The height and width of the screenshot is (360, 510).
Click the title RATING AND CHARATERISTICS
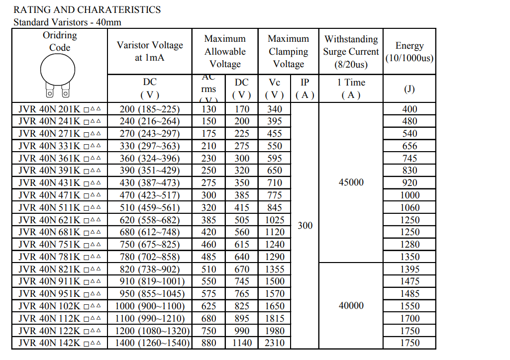[87, 9]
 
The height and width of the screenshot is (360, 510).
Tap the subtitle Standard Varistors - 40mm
[67, 22]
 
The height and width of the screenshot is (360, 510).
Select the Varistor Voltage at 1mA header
[150, 51]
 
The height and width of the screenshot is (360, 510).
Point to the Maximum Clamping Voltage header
[288, 51]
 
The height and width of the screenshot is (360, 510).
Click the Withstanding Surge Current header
[351, 51]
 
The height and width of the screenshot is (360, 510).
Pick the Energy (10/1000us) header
[409, 52]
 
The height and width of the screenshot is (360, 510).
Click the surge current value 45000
[351, 182]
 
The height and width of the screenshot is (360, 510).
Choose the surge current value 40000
[351, 306]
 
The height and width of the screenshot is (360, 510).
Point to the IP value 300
[305, 226]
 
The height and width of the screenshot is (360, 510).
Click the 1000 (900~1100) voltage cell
[150, 306]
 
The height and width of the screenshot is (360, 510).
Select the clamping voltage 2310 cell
[275, 343]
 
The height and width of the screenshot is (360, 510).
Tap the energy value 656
[409, 146]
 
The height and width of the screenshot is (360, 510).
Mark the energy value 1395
[409, 269]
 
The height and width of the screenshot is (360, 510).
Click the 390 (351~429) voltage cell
[150, 171]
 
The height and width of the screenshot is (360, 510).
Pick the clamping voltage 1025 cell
[275, 220]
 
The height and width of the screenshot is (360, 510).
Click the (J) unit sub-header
[409, 89]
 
